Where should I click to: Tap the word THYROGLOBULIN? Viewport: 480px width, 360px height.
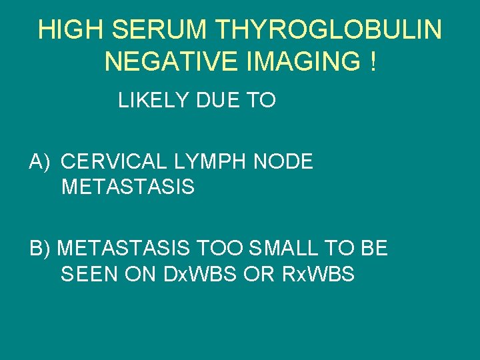click(x=331, y=29)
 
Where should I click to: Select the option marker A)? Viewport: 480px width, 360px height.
click(x=41, y=162)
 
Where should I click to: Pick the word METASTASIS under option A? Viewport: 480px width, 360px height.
click(x=127, y=187)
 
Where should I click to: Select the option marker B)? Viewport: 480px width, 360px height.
click(x=41, y=249)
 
